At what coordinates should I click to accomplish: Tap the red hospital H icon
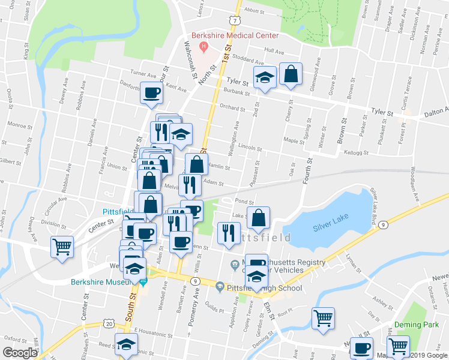coord(204,46)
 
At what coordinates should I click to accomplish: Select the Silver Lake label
coord(330,227)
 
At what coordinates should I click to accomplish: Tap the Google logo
coord(20,353)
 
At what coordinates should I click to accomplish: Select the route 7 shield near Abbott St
coord(237,20)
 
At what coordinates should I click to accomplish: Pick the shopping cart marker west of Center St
coord(62,247)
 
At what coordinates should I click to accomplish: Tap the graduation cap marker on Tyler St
coord(264,77)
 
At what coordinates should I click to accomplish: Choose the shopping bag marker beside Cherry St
coord(291,75)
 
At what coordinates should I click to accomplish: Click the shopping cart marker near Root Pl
coord(323,318)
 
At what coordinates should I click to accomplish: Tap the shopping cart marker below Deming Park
coord(398,346)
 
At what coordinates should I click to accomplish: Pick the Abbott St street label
coord(255,11)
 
